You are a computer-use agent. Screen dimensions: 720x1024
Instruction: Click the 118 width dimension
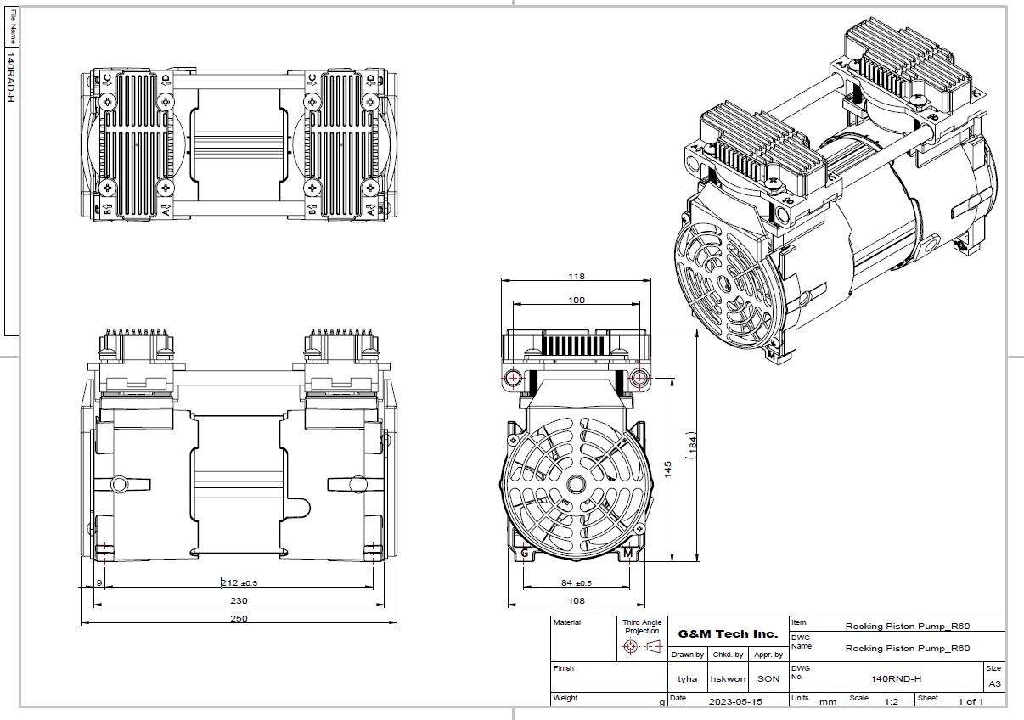click(577, 277)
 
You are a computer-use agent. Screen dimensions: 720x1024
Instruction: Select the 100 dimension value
click(577, 301)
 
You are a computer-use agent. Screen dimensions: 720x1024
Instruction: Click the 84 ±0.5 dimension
click(577, 582)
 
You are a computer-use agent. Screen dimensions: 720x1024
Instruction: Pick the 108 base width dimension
click(577, 600)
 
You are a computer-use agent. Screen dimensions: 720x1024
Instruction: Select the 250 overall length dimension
click(239, 618)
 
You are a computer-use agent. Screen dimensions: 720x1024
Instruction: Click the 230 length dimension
click(239, 600)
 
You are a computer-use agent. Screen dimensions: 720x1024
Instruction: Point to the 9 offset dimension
click(99, 582)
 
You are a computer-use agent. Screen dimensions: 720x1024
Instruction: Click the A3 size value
click(994, 683)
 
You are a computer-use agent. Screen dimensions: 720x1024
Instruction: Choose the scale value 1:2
click(891, 701)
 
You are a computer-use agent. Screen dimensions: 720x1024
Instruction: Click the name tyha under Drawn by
click(687, 678)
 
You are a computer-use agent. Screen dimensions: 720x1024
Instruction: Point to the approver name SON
click(768, 678)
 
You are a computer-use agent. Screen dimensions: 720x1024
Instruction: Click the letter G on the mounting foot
click(525, 554)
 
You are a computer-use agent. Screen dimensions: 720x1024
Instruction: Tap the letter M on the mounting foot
click(627, 554)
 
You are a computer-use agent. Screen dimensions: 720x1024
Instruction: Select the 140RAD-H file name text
click(11, 76)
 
